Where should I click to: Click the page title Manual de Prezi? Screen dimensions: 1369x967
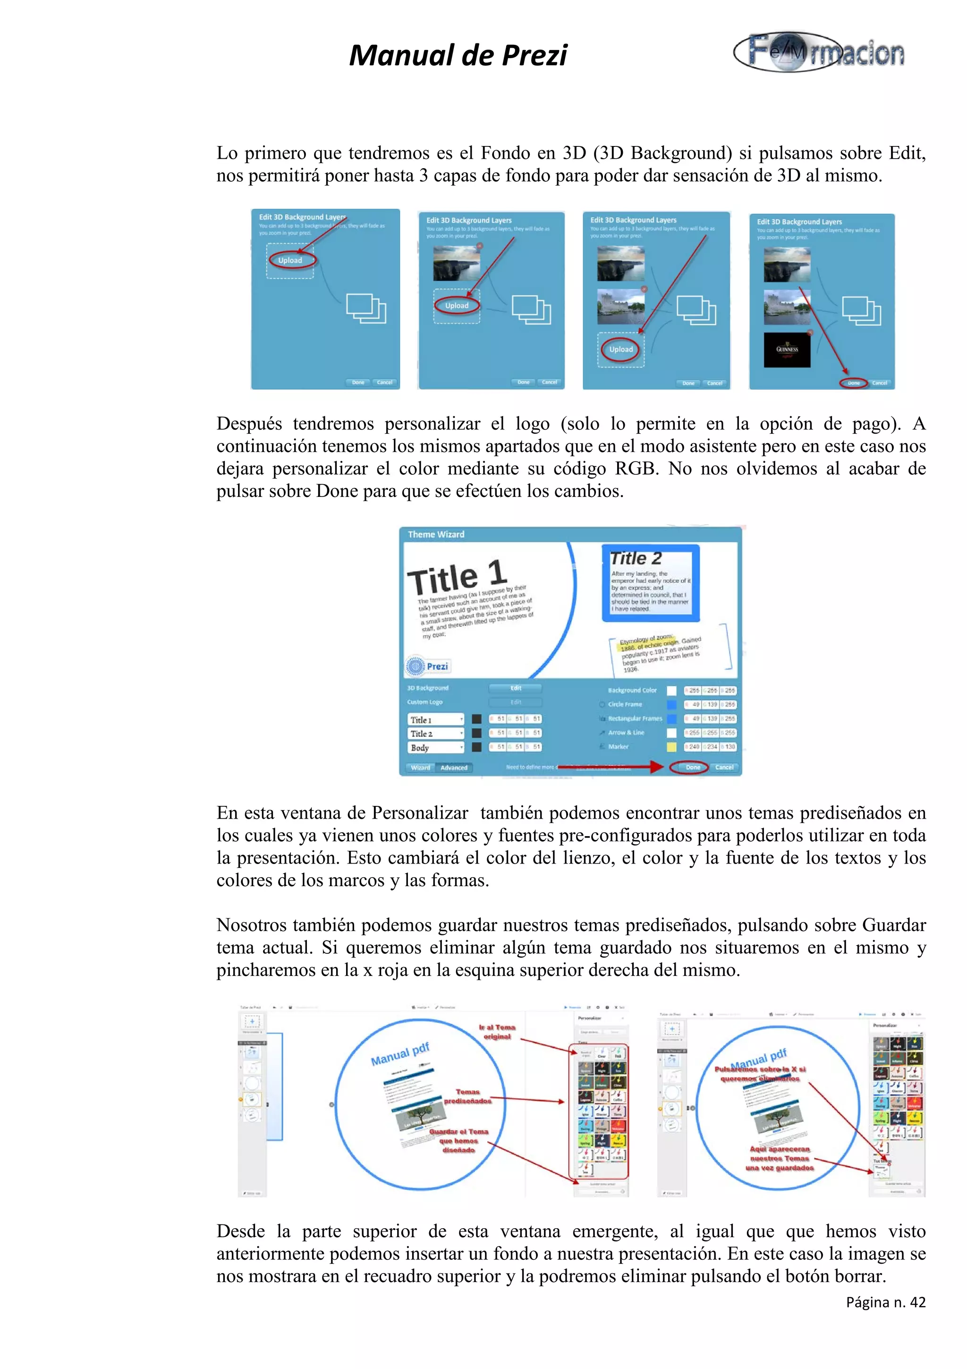pyautogui.click(x=458, y=55)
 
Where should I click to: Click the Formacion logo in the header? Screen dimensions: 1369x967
pyautogui.click(x=819, y=52)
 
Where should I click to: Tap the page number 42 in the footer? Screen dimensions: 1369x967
pyautogui.click(x=917, y=1302)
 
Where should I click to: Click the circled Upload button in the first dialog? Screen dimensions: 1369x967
pyautogui.click(x=291, y=260)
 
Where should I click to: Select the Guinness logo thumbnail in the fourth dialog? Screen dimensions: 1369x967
pyautogui.click(x=787, y=350)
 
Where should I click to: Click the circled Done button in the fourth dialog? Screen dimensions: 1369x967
pyautogui.click(x=853, y=383)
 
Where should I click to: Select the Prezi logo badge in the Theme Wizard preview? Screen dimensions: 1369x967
pyautogui.click(x=427, y=666)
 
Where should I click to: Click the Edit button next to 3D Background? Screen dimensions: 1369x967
pyautogui.click(x=516, y=688)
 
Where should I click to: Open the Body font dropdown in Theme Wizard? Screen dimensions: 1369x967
pyautogui.click(x=435, y=747)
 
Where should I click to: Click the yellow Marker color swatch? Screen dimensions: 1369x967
pyautogui.click(x=671, y=746)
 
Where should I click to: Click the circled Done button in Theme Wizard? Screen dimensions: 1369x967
pyautogui.click(x=692, y=767)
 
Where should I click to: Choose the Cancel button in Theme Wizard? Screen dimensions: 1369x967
pyautogui.click(x=724, y=767)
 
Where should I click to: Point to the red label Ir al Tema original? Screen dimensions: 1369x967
pyautogui.click(x=497, y=1032)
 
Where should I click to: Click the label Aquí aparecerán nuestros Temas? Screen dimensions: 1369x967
pyautogui.click(x=780, y=1158)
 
